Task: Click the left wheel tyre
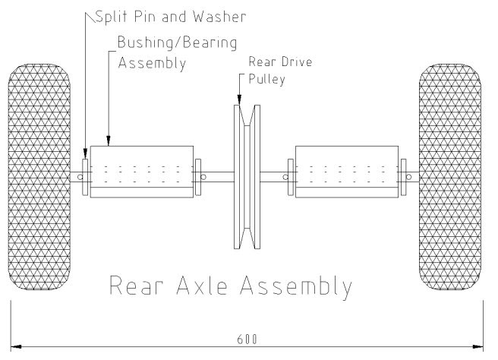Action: tap(39, 177)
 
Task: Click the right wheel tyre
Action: tap(451, 177)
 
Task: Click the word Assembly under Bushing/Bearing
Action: tap(152, 64)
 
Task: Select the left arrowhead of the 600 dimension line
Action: tap(15, 346)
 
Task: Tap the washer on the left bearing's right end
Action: tap(198, 172)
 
